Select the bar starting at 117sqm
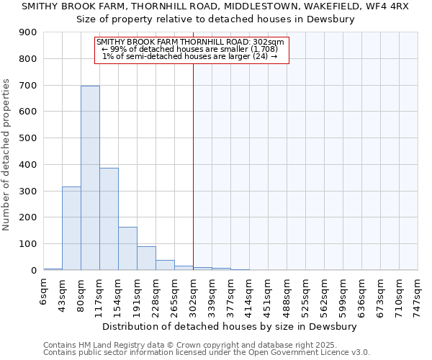(109, 219)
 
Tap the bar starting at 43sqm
(71, 228)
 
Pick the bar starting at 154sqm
(127, 248)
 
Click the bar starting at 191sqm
(146, 258)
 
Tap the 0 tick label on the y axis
(34, 271)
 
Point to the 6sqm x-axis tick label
(43, 290)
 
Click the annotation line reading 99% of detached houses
(190, 49)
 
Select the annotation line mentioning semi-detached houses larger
(190, 56)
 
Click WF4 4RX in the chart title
(386, 6)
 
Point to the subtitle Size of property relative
(216, 19)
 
